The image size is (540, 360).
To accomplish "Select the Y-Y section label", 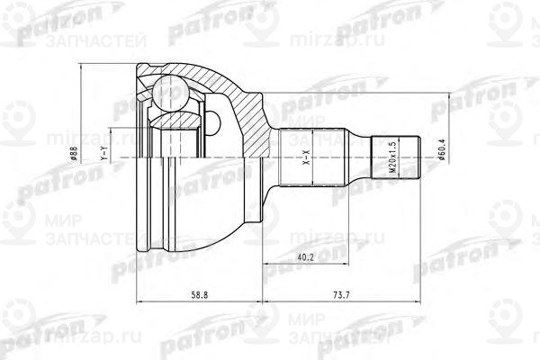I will click(104, 157).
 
